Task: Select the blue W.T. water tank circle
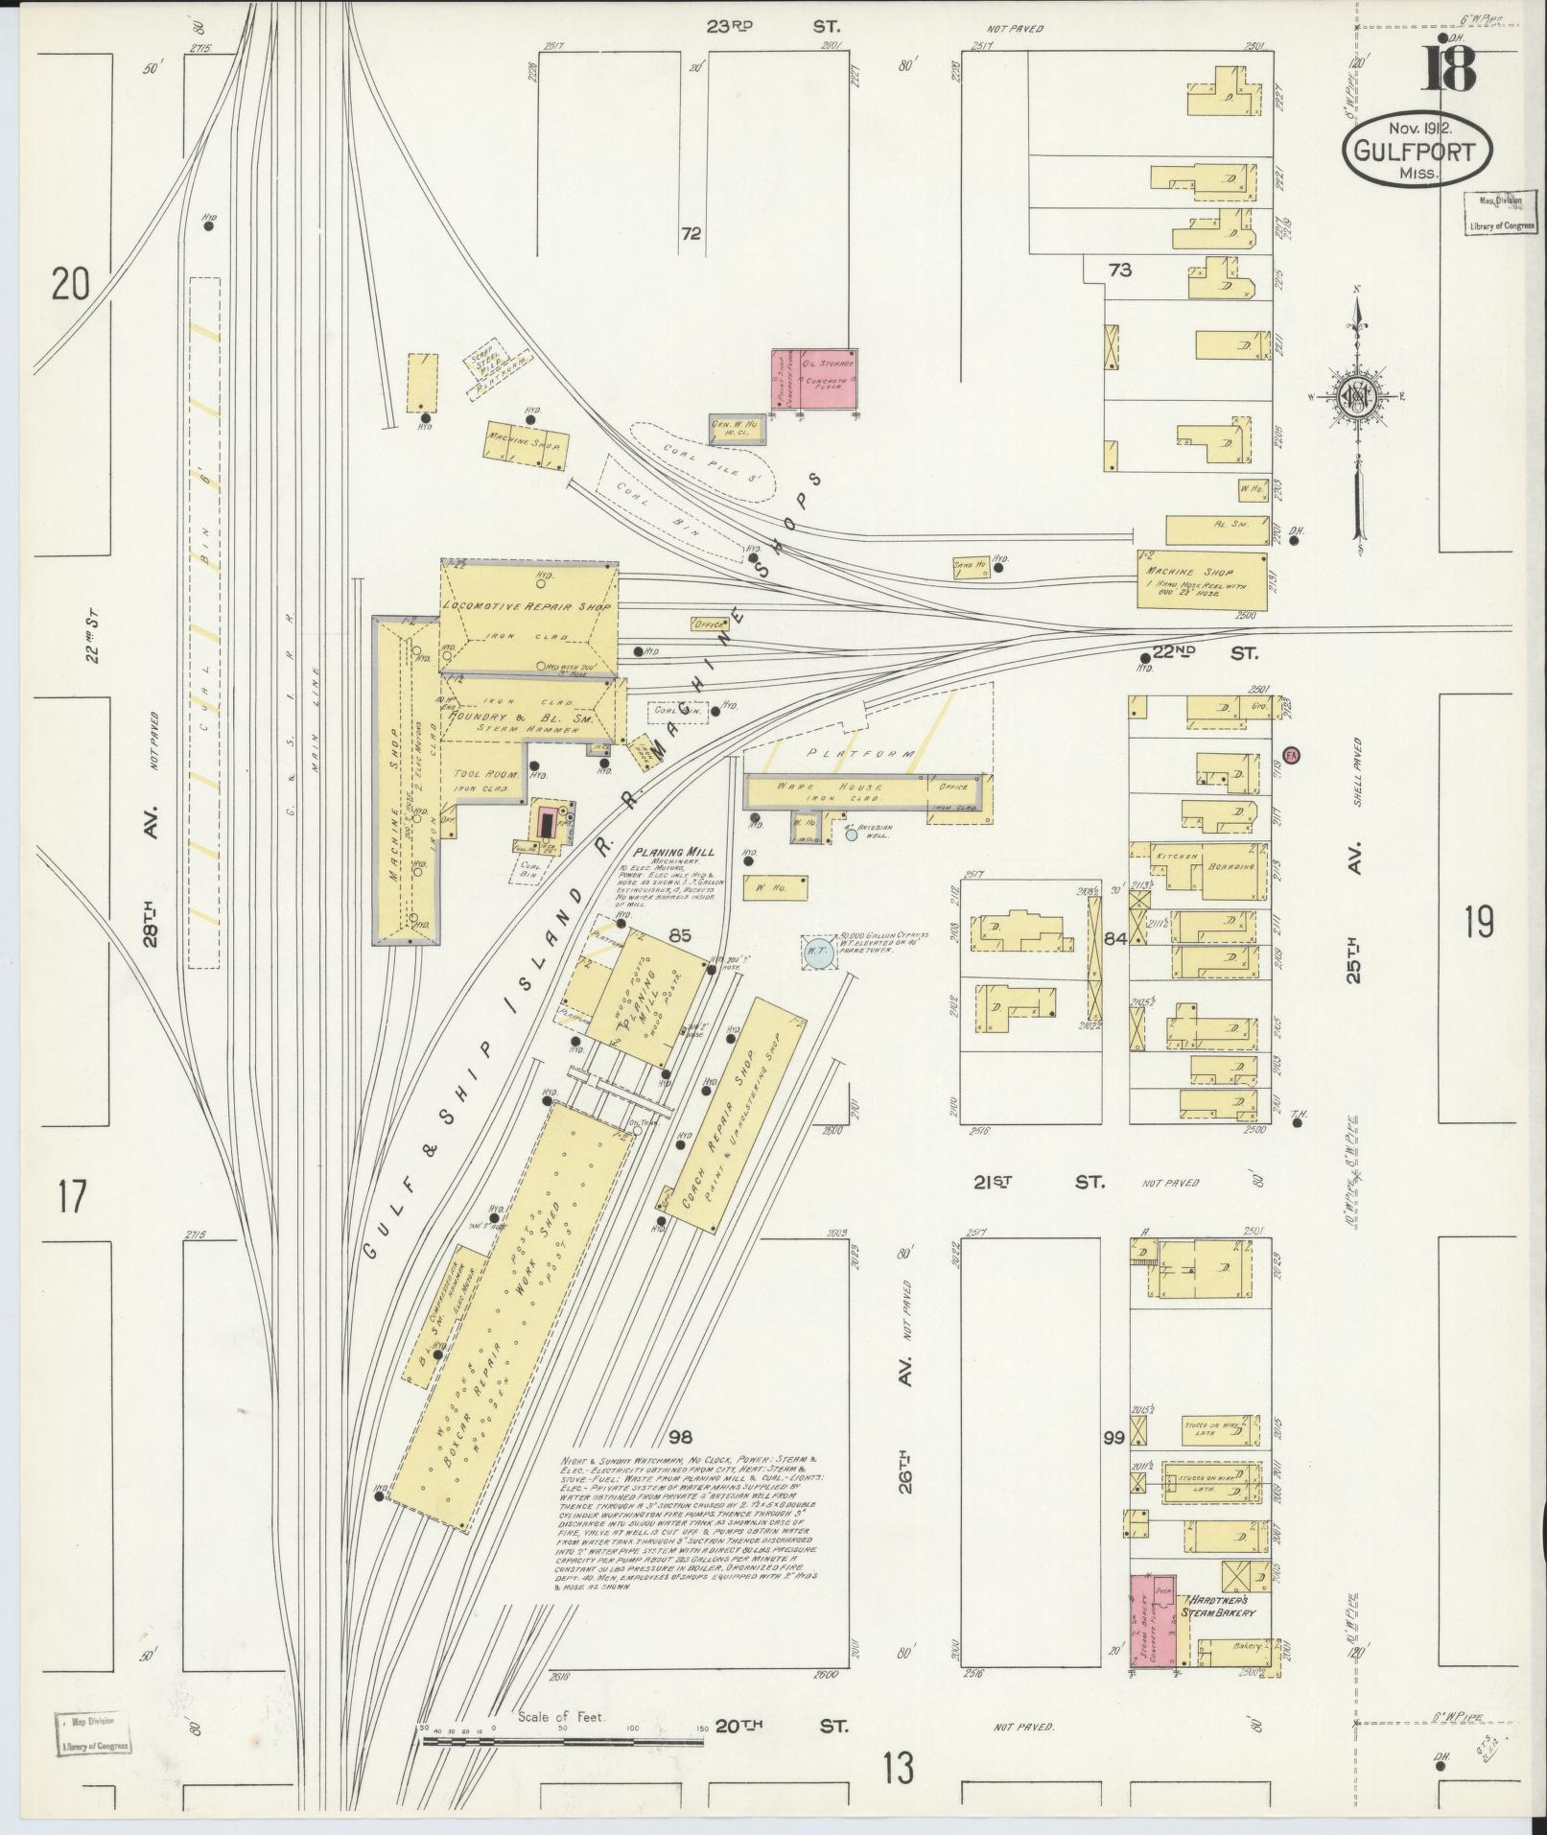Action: point(818,952)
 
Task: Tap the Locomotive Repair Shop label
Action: point(526,607)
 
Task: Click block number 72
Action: point(691,233)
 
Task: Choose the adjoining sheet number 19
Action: point(1479,923)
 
